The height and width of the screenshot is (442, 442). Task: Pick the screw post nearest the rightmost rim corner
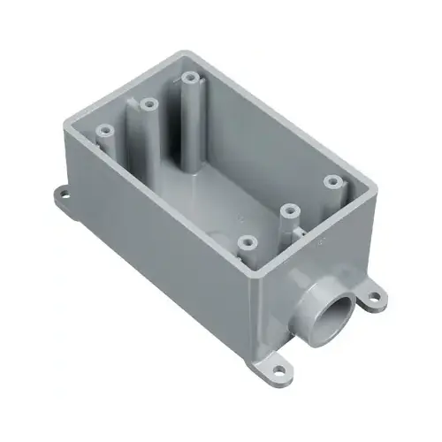332,181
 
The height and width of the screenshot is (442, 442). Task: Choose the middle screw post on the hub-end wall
289,211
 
